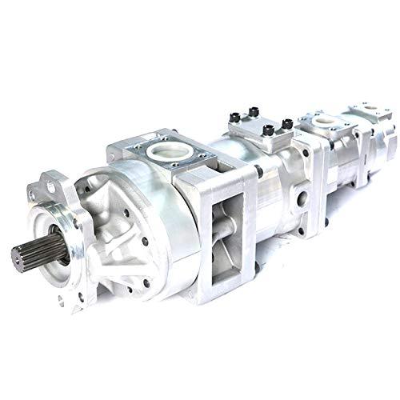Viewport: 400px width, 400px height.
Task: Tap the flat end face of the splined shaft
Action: pos(17,258)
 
